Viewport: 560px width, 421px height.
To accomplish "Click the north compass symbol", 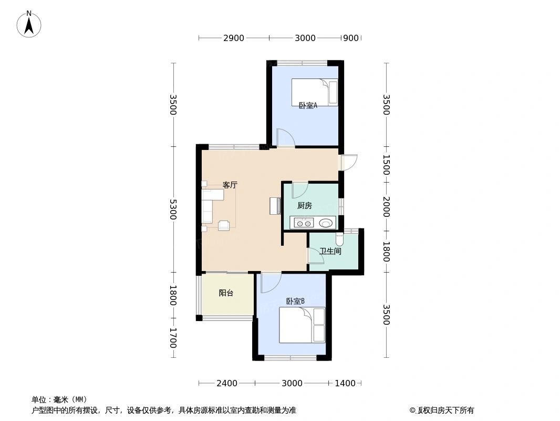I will click(29, 24).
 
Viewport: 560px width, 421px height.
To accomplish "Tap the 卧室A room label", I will click(308, 106).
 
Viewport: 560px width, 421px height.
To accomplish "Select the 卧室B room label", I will click(295, 301).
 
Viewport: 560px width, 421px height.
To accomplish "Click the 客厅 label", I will click(230, 185).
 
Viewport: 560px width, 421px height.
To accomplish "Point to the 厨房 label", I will click(305, 206).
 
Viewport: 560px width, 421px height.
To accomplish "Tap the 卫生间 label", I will click(330, 251).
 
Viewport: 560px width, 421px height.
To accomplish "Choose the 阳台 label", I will click(226, 293).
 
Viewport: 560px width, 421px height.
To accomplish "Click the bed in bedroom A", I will click(315, 92).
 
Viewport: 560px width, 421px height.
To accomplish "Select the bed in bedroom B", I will click(302, 325).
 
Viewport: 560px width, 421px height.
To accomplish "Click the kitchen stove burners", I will click(304, 223).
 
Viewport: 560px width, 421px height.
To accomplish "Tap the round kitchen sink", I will click(326, 223).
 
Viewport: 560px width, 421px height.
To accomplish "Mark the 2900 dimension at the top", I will click(234, 38).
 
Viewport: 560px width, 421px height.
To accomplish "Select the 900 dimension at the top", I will click(350, 38).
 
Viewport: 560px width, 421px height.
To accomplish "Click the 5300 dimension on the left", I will click(173, 209).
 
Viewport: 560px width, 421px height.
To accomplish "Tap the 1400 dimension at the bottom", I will click(345, 383).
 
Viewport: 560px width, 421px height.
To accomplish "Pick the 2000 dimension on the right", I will click(386, 206).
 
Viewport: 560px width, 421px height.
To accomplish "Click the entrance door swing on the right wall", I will click(349, 162).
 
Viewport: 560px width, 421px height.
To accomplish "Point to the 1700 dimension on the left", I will click(173, 338).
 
